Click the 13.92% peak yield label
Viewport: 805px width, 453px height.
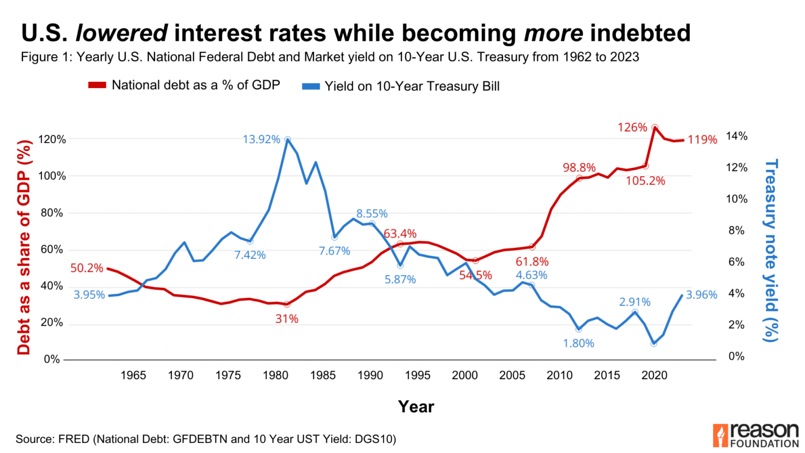(261, 139)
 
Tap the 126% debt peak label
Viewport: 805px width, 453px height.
(632, 127)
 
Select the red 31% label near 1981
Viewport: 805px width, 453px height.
(287, 319)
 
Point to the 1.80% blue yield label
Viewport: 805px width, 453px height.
(579, 343)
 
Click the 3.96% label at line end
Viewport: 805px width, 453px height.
(701, 295)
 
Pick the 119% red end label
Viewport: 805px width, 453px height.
(702, 140)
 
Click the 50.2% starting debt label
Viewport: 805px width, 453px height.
(86, 268)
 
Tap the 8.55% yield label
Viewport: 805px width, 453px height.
(372, 213)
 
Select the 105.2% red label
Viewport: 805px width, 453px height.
(645, 181)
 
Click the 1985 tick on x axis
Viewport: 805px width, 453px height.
(323, 375)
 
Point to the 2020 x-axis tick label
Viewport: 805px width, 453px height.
(654, 375)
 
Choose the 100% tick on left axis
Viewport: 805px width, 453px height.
(52, 176)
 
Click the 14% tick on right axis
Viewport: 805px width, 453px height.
(736, 136)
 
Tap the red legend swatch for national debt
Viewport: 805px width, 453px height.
(97, 85)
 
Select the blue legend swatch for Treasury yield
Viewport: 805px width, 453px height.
(311, 87)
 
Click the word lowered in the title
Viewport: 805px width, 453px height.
(122, 33)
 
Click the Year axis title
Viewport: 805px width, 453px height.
(416, 406)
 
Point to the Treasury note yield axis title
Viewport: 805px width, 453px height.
(771, 251)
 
